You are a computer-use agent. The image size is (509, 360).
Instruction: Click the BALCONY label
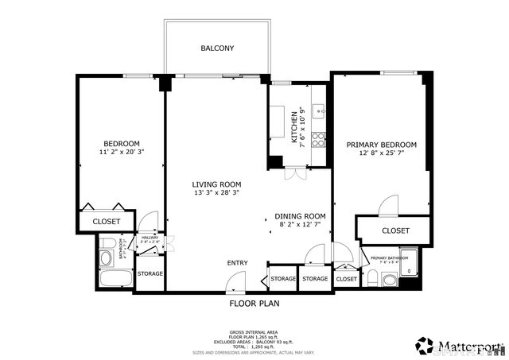[217, 48]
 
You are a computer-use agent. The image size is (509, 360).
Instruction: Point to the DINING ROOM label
[301, 216]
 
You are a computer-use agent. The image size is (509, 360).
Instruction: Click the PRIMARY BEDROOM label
[381, 145]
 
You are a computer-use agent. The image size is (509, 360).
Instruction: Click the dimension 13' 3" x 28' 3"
[216, 192]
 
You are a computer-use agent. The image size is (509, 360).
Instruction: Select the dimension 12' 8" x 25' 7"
[381, 153]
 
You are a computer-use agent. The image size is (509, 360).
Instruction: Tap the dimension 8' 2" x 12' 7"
[301, 225]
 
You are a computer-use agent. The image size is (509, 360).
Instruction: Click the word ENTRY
[237, 263]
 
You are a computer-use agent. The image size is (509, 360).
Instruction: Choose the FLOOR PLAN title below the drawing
[254, 303]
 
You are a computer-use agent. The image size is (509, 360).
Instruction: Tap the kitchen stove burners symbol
[318, 140]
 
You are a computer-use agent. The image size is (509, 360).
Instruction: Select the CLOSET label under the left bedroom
[106, 222]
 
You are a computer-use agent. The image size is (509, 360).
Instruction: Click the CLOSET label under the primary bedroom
[395, 230]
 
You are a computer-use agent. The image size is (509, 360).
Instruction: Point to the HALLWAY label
[150, 238]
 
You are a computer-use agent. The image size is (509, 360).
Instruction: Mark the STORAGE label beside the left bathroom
[150, 273]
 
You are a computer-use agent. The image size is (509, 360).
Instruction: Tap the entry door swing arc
[235, 280]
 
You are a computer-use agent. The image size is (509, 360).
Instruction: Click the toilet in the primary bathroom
[388, 279]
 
